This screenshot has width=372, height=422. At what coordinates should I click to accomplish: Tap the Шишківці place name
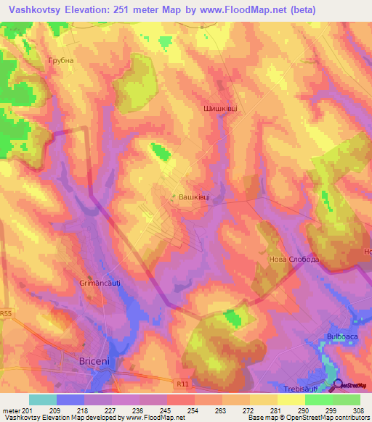coord(219,107)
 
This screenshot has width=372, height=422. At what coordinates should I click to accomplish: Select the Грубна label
coord(60,61)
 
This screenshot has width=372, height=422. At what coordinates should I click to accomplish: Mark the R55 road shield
coord(7,314)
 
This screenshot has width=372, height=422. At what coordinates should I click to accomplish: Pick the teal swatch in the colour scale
coord(43,400)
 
